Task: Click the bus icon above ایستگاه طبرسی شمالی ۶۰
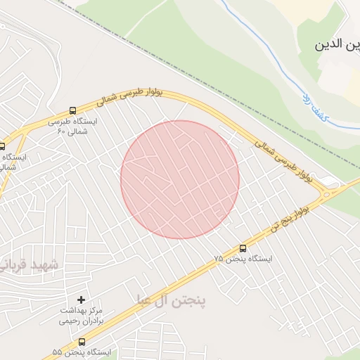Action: (73, 111)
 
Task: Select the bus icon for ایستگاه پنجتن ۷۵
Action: (243, 248)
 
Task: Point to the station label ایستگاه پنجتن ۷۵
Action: (243, 259)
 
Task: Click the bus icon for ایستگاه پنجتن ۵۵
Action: (82, 342)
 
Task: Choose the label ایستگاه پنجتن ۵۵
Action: (82, 352)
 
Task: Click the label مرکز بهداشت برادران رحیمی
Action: (81, 315)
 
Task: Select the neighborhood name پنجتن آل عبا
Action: (172, 301)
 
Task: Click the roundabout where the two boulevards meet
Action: (328, 190)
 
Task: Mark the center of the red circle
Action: (180, 179)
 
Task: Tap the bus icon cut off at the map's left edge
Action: (2, 147)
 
